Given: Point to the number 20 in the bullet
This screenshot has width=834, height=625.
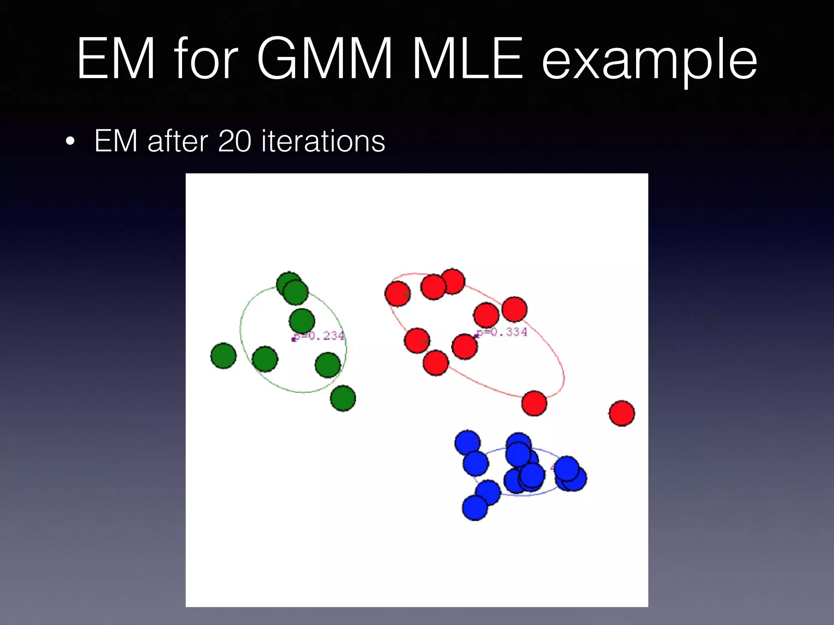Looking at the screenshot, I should [x=235, y=141].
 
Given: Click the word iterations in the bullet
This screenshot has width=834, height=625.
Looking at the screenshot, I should [x=323, y=141].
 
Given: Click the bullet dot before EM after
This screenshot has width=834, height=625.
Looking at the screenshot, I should [x=70, y=142].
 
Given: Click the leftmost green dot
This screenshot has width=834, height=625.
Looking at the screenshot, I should [x=223, y=356].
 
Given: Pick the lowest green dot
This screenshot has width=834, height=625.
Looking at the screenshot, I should [x=343, y=398].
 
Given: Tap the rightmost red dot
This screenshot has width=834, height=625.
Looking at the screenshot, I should [x=621, y=413].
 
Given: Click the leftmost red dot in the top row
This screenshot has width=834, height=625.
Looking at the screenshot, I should [x=397, y=294].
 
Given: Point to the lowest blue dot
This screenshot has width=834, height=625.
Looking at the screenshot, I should [x=475, y=507].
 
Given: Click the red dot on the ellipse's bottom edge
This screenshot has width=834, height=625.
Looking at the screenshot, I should [x=534, y=403].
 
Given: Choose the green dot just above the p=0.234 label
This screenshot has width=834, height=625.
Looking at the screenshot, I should [x=302, y=321].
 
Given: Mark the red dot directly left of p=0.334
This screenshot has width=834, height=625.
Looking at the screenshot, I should [x=464, y=346].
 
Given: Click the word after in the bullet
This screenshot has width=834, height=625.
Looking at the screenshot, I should [x=178, y=141].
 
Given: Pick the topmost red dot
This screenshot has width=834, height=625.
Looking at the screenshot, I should [x=452, y=281].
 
